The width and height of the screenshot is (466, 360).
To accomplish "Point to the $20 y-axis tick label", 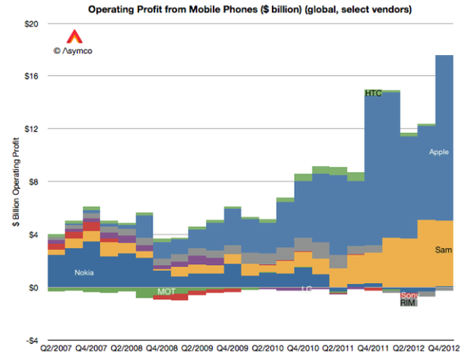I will pos(31,23).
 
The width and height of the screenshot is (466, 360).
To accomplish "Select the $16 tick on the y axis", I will pos(31,75).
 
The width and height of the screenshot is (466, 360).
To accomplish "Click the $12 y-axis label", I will pos(31,129).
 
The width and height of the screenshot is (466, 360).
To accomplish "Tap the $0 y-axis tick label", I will pos(34,287).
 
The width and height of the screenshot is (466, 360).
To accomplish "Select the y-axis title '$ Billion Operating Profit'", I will pos(13,181).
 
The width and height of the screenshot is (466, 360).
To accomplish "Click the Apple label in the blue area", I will pos(438,152).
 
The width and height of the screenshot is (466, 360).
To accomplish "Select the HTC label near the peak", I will pos(374,93).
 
